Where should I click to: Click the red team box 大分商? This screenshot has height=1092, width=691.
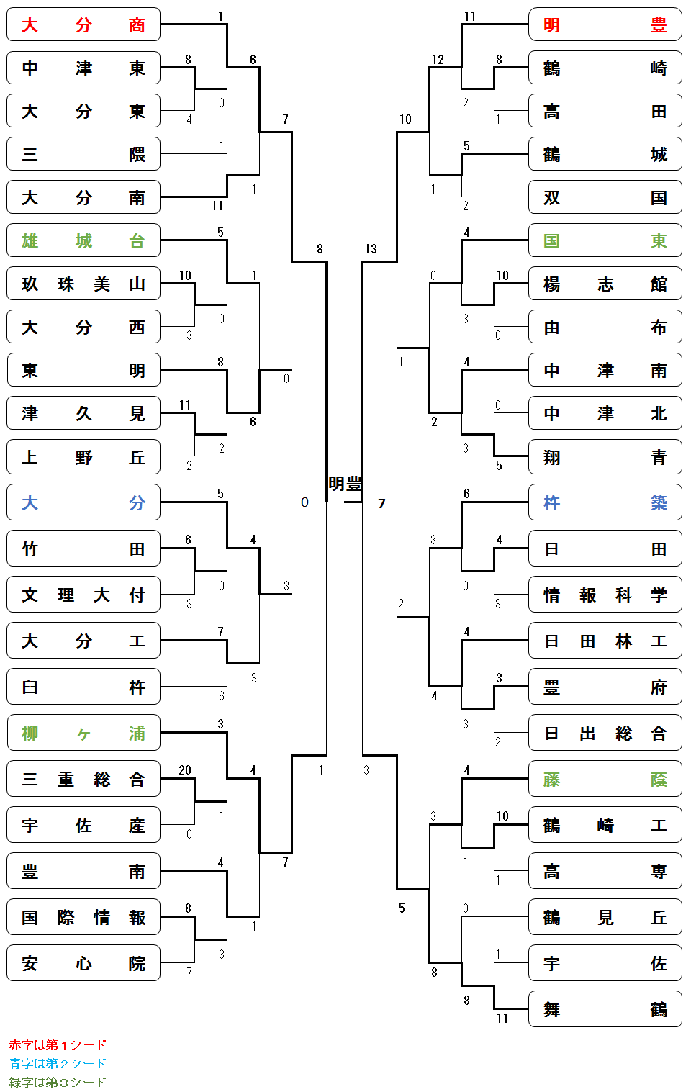point(83,24)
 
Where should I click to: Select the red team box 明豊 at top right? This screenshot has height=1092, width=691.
point(605,24)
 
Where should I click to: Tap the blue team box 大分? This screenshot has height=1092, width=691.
point(83,502)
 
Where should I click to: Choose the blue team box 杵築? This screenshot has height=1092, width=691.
point(605,502)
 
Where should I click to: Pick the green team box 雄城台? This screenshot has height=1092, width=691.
point(83,240)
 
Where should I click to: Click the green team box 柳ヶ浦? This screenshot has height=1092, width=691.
point(83,733)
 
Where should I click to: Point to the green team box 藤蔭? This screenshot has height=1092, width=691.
point(605,779)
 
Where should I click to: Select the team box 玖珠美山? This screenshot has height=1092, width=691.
point(83,284)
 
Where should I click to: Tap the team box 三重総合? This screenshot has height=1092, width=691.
point(83,779)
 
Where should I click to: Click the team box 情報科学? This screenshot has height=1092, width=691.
point(605,595)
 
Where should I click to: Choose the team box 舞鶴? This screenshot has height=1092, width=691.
point(605,1009)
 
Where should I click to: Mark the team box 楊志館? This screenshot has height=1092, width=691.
point(605,284)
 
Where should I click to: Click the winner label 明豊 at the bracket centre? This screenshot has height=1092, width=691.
point(345,484)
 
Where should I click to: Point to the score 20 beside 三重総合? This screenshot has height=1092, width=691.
point(185,770)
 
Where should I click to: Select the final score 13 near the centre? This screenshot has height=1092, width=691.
point(371,249)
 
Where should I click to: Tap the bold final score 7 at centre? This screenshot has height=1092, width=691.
point(381,503)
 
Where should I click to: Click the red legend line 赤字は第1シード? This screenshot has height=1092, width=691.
point(58,1044)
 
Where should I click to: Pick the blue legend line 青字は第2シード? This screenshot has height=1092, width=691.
point(58,1063)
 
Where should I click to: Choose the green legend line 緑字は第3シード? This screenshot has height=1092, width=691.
point(58,1082)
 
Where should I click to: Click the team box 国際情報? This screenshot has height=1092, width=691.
point(83,917)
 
